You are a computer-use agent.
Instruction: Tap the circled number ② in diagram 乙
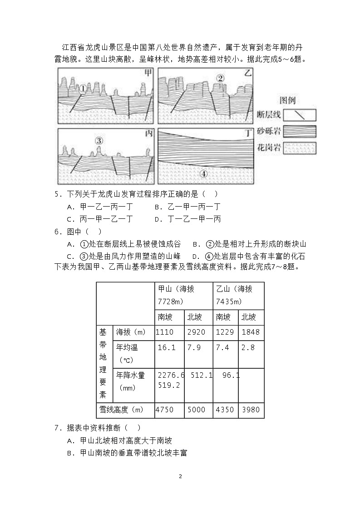[220, 79]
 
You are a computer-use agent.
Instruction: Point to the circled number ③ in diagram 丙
[99, 140]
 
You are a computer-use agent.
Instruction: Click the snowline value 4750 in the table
[164, 410]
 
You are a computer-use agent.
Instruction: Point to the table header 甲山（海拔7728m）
[183, 295]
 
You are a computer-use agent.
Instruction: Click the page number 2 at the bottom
[180, 476]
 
